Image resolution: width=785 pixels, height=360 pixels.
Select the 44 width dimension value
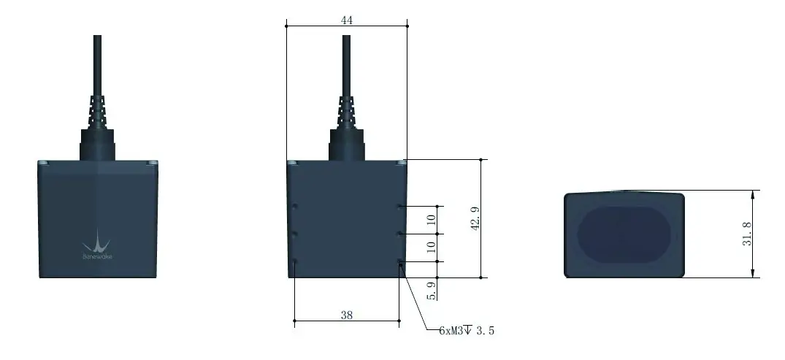[x=347, y=20]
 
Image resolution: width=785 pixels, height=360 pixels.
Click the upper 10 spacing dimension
[x=431, y=219]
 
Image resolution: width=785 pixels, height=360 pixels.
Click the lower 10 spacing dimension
[x=431, y=248]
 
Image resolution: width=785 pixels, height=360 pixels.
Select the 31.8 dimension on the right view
[x=747, y=234]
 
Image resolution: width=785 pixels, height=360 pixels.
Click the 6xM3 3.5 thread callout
[x=467, y=331]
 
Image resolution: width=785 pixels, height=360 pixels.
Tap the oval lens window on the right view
[x=624, y=234]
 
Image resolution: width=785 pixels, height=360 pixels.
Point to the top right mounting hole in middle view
[x=399, y=207]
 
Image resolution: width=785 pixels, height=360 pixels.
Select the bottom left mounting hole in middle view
[x=294, y=261]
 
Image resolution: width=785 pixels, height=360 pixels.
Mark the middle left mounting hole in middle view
[x=294, y=234]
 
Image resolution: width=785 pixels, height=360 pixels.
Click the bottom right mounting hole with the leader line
[x=399, y=261]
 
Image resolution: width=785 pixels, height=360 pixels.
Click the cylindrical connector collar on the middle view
[x=347, y=144]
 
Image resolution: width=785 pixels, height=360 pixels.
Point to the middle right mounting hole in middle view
[x=399, y=234]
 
